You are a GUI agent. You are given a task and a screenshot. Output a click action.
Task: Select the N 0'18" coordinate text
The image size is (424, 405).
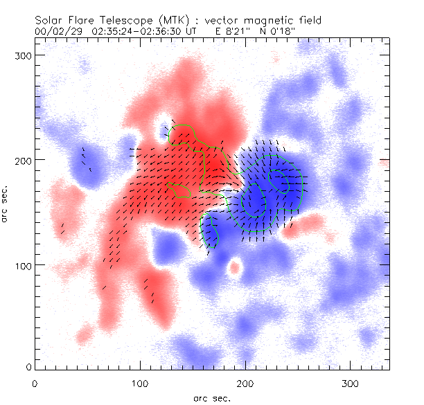[284, 31]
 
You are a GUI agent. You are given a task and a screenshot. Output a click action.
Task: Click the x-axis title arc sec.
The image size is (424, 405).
[212, 397]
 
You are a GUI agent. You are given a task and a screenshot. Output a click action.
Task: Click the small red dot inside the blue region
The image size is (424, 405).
[234, 267]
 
